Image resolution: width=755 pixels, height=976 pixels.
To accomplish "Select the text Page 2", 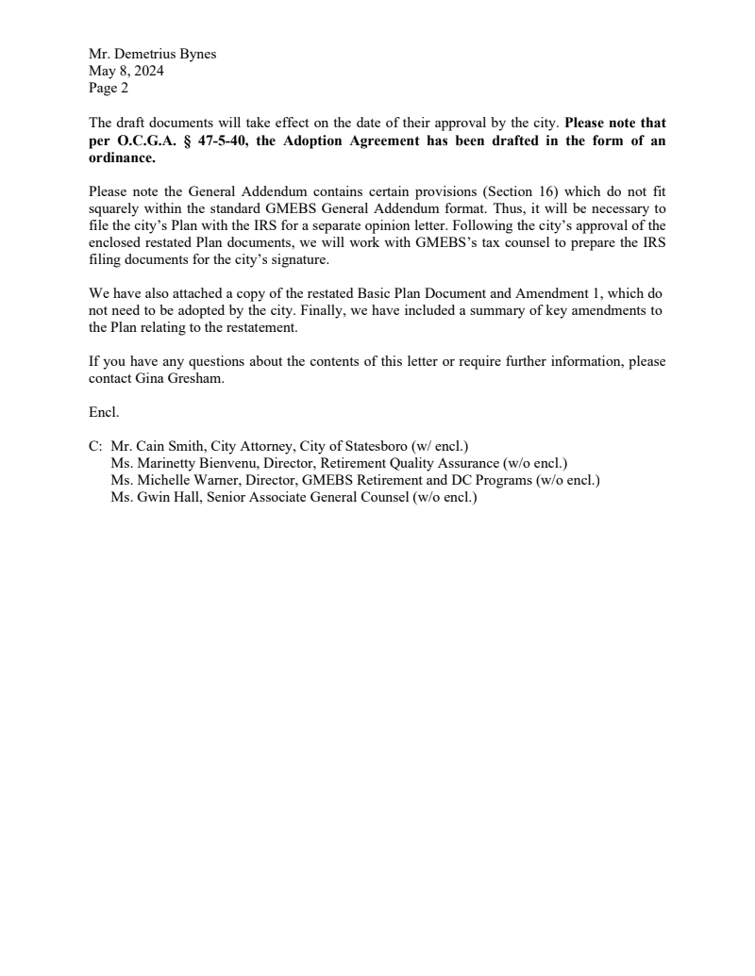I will point(109,90).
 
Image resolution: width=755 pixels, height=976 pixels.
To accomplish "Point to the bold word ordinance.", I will point(122,158).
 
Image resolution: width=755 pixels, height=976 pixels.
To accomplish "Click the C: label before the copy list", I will point(95,446).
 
